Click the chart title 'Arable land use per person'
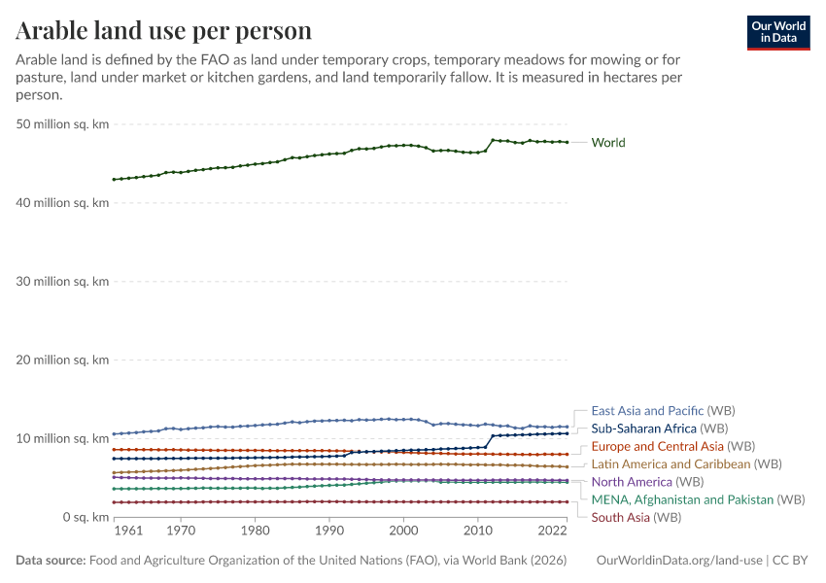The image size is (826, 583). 164,31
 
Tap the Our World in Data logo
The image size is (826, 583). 777,32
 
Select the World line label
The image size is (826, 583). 608,143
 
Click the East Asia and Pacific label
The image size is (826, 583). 647,411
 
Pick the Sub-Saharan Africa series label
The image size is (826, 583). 643,429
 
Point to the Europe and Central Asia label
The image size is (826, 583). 657,446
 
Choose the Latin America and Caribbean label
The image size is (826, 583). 671,464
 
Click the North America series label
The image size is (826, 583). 632,482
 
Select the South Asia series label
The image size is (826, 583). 622,517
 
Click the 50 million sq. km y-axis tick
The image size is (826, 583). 62,124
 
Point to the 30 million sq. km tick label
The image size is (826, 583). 62,282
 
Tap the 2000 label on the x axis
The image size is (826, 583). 403,532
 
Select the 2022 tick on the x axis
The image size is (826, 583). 552,532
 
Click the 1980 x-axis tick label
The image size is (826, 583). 255,532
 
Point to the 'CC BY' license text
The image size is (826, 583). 791,561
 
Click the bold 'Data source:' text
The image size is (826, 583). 52,561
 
